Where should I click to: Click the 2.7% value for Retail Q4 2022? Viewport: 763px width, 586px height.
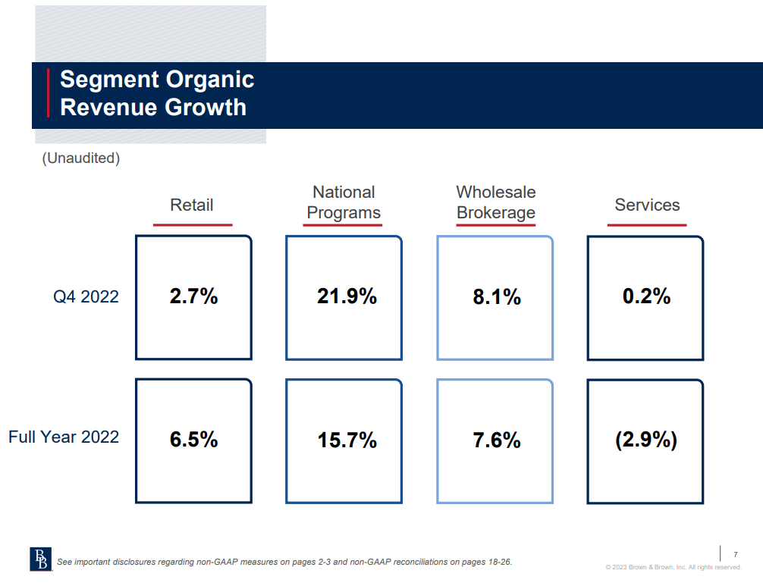(x=193, y=296)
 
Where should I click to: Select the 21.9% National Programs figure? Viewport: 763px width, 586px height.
(x=347, y=296)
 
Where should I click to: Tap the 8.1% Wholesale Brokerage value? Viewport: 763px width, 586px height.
(x=497, y=296)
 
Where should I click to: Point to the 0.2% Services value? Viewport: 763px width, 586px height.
(x=646, y=296)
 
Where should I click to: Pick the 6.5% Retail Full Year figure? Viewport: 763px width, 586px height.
(x=193, y=440)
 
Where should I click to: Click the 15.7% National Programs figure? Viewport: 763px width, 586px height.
(x=347, y=440)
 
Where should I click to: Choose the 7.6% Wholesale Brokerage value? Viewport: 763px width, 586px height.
(x=497, y=440)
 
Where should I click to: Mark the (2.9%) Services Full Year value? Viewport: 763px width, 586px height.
(x=646, y=440)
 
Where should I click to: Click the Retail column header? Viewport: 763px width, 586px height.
(x=192, y=205)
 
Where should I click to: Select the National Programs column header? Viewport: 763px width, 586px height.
(x=344, y=203)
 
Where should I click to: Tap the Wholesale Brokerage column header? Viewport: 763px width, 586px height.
(x=496, y=203)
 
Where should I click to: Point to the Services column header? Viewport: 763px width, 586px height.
(x=647, y=205)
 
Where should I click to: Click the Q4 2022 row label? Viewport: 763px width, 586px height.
(x=86, y=296)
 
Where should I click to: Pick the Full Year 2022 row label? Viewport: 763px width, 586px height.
(x=64, y=437)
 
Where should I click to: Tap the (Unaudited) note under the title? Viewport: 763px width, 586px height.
(x=80, y=158)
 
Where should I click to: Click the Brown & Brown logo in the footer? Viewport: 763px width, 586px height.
(x=39, y=558)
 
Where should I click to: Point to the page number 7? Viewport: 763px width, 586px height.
(x=735, y=554)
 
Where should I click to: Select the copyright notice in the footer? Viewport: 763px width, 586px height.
(x=674, y=567)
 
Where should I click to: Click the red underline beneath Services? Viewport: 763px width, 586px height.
(x=647, y=224)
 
